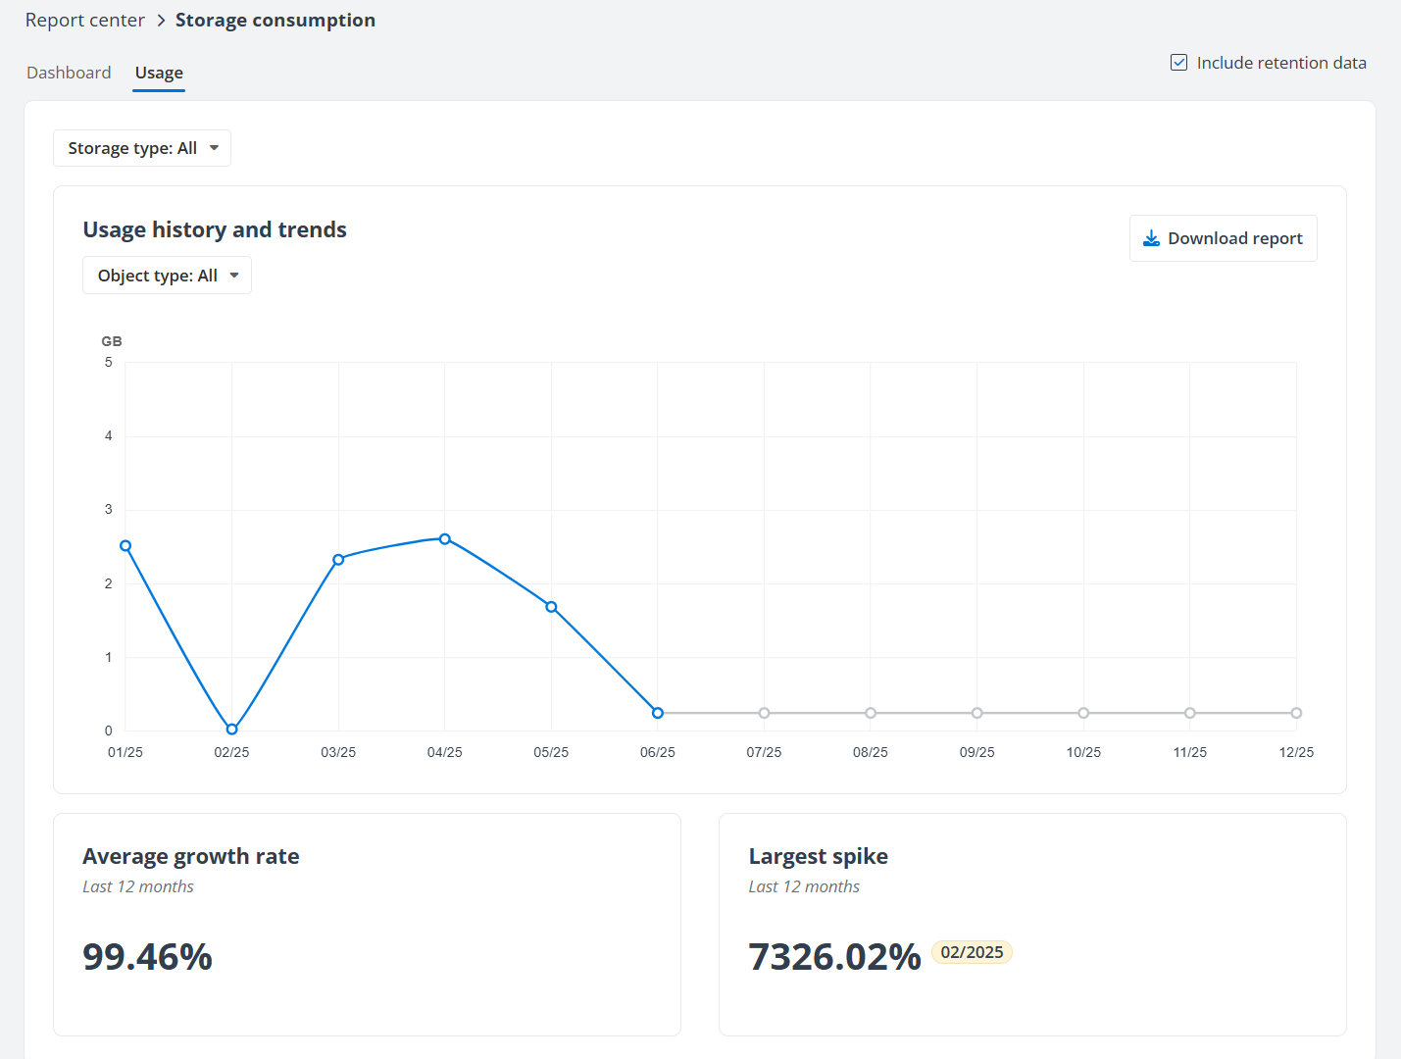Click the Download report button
pos(1223,238)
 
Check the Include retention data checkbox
pos(1179,63)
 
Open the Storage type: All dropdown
pos(142,148)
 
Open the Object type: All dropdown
pos(167,276)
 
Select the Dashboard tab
pos(69,73)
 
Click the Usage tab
pos(159,73)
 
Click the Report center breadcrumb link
pos(85,21)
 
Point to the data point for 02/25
pos(232,730)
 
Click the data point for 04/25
pos(445,539)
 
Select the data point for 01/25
pos(125,546)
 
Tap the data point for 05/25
pos(551,607)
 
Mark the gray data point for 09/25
pos(977,713)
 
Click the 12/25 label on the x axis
pos(1296,752)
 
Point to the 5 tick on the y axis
pos(109,363)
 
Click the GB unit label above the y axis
pos(112,341)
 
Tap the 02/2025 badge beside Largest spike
pos(972,952)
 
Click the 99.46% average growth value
pos(148,957)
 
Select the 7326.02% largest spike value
pos(834,957)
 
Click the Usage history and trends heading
pos(215,229)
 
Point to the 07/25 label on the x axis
pos(764,752)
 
